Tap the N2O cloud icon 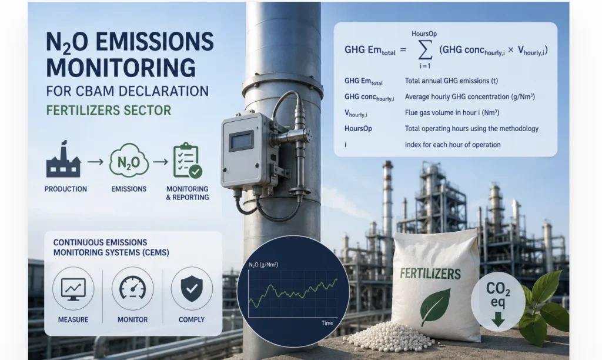point(129,160)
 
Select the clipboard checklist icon point(188,160)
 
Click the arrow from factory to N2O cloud point(95,162)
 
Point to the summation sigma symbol point(425,50)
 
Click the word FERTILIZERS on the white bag point(430,274)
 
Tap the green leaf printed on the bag point(435,306)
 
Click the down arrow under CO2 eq point(498,319)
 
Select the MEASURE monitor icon point(73,289)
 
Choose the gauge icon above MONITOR point(132,288)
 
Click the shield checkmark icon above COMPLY point(192,288)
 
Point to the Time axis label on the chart point(327,323)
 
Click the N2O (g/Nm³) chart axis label point(263,265)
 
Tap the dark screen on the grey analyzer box point(241,141)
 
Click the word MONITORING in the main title point(121,68)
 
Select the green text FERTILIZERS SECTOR point(109,111)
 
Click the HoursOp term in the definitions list point(358,129)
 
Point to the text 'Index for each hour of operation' point(453,145)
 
